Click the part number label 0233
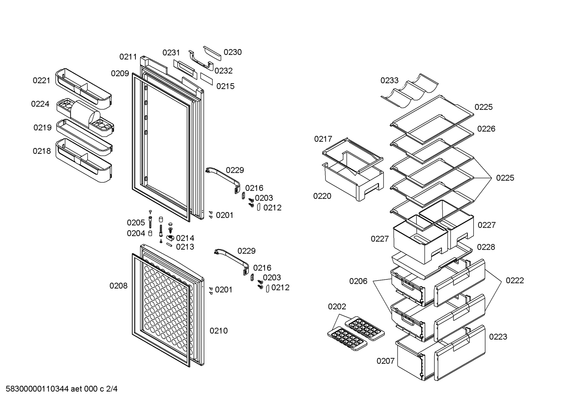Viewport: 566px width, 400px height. pyautogui.click(x=389, y=80)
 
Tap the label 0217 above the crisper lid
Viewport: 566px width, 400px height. pyautogui.click(x=323, y=139)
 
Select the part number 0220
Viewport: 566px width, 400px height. pyautogui.click(x=322, y=196)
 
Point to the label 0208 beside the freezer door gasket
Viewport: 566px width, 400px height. pyautogui.click(x=118, y=285)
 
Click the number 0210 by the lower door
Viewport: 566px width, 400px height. pyautogui.click(x=219, y=331)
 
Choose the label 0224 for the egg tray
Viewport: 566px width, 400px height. pyautogui.click(x=40, y=104)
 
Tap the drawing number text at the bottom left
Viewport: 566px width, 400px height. pyautogui.click(x=61, y=389)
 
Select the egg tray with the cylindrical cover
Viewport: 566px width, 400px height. pyautogui.click(x=85, y=115)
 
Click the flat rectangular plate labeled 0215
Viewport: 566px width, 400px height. pyautogui.click(x=206, y=79)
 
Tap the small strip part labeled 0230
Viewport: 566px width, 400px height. pyautogui.click(x=212, y=53)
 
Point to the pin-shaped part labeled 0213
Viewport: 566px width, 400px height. pyautogui.click(x=169, y=245)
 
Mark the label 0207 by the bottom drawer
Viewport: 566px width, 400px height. pyautogui.click(x=385, y=361)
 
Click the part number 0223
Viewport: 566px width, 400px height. pyautogui.click(x=498, y=336)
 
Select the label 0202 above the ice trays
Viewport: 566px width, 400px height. pyautogui.click(x=337, y=307)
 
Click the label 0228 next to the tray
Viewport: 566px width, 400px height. pyautogui.click(x=486, y=247)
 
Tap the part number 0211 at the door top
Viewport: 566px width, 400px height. pyautogui.click(x=128, y=57)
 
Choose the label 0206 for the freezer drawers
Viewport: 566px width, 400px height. pyautogui.click(x=358, y=281)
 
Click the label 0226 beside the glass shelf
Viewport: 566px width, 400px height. pyautogui.click(x=486, y=129)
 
